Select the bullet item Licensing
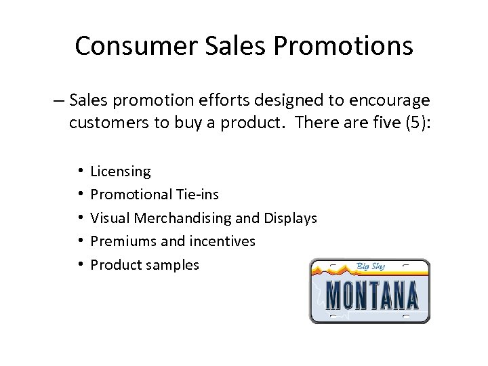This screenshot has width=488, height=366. pyautogui.click(x=121, y=171)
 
